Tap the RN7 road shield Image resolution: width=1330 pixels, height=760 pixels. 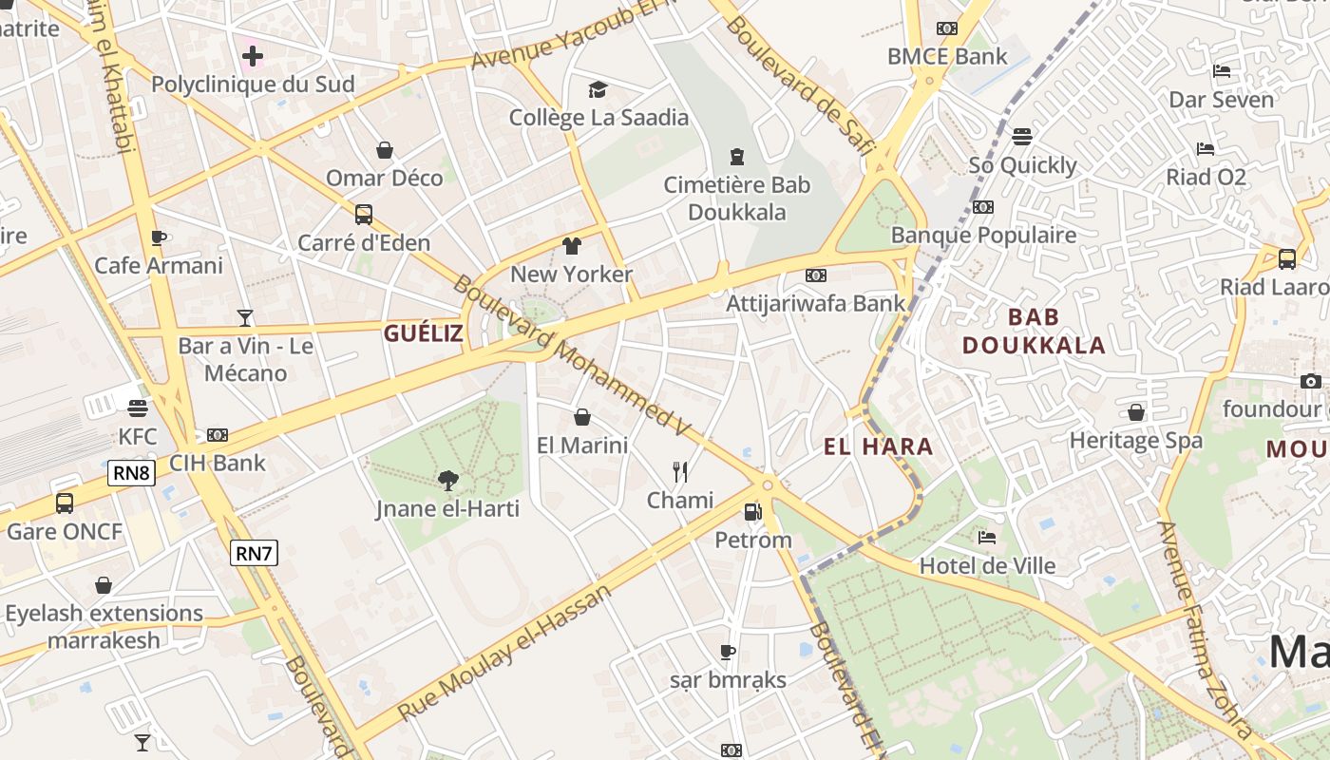(x=255, y=552)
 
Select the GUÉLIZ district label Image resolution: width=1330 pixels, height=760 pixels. (x=424, y=333)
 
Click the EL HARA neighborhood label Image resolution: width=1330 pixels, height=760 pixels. (x=879, y=446)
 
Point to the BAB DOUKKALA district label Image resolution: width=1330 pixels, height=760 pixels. (x=1034, y=331)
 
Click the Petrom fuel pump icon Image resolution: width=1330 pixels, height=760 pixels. (x=752, y=512)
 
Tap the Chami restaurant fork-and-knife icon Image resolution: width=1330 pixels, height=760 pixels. (x=680, y=472)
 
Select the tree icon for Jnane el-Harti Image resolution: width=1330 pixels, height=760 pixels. (x=447, y=481)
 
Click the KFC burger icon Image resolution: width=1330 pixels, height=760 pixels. (x=138, y=408)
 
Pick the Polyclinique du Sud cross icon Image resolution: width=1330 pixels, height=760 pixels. (x=252, y=56)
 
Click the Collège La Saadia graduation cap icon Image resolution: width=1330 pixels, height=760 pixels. (x=598, y=89)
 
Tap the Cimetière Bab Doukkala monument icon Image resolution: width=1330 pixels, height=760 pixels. (x=736, y=156)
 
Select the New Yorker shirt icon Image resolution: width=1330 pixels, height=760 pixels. (x=571, y=246)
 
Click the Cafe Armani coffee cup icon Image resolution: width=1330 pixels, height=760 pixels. (x=159, y=237)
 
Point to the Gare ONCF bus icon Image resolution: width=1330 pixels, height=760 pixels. (x=65, y=503)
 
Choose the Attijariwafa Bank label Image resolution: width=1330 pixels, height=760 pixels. (x=815, y=304)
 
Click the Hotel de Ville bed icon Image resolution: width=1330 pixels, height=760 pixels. (x=987, y=538)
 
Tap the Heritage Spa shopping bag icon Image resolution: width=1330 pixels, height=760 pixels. (x=1135, y=412)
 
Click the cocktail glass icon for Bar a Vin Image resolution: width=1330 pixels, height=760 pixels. (x=245, y=317)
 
